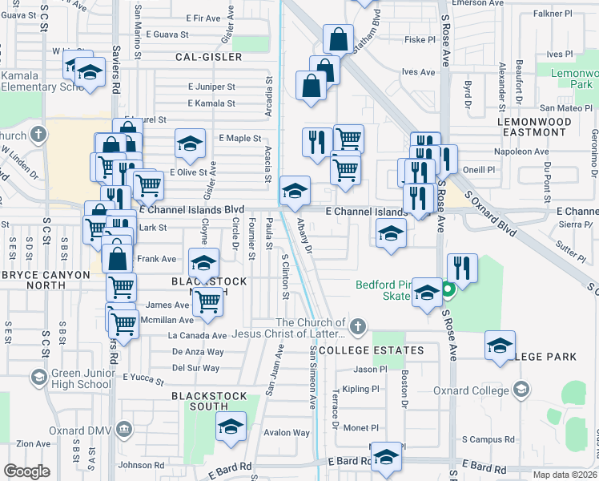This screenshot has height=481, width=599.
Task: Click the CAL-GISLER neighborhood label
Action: coord(211,58)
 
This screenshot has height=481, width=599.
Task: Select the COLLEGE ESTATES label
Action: coord(371,351)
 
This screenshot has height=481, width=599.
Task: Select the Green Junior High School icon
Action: coord(38,377)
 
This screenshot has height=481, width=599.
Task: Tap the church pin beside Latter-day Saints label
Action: coord(357,326)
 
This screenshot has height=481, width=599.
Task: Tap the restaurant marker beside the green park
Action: coord(462,267)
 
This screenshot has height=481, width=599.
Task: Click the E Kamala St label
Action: coord(211,103)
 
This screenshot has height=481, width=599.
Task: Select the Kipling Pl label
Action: coord(360,390)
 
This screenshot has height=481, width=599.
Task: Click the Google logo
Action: coord(27,471)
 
